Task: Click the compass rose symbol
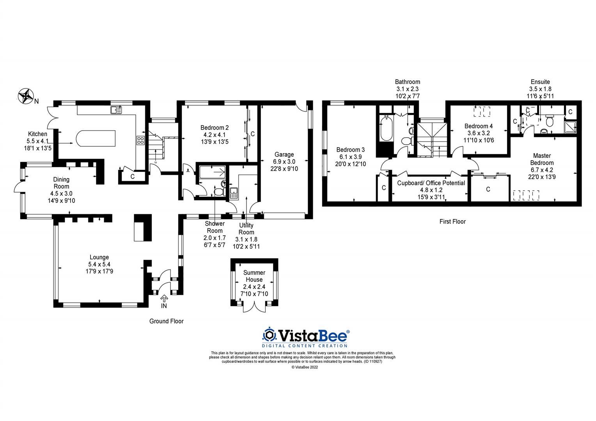26,96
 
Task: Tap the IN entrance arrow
164,299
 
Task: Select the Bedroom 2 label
215,127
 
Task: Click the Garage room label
284,154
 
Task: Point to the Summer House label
254,276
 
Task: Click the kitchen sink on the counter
116,110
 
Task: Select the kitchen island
96,138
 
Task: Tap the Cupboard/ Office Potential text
431,183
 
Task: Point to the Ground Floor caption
166,321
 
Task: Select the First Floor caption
452,221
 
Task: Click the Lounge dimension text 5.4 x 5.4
99,264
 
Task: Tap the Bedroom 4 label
478,126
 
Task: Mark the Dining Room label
61,183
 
